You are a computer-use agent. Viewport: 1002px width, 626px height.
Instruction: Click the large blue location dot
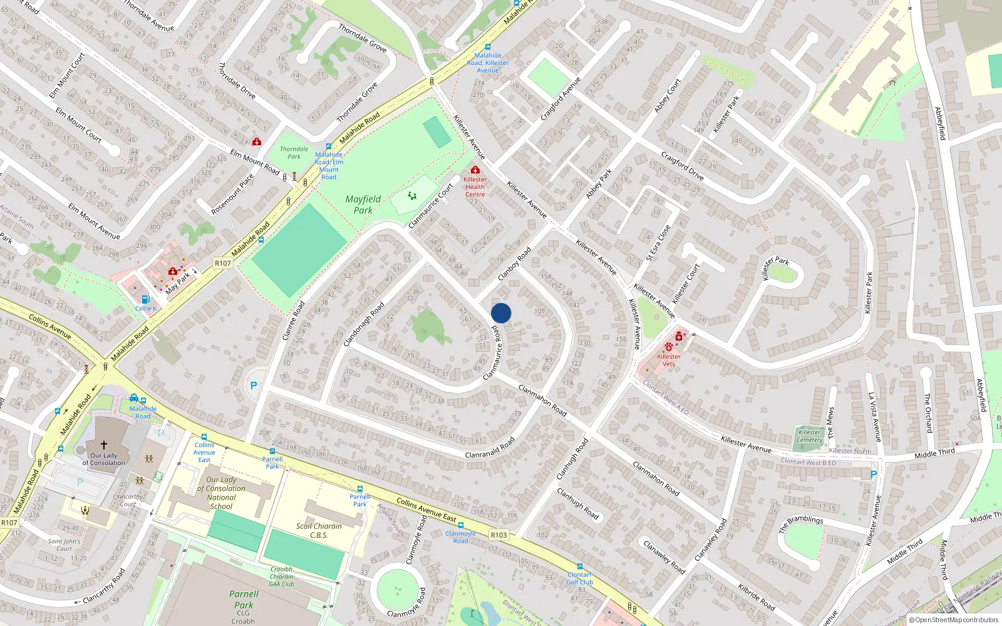pyautogui.click(x=501, y=313)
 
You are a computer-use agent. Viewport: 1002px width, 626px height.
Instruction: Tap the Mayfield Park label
pyautogui.click(x=363, y=205)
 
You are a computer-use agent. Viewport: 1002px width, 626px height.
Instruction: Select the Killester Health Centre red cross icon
pyautogui.click(x=475, y=170)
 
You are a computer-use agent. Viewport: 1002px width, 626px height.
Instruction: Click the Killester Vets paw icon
pyautogui.click(x=669, y=347)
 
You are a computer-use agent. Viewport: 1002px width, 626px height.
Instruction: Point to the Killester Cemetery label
pyautogui.click(x=810, y=436)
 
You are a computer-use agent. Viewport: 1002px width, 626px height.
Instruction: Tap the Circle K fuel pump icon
pyautogui.click(x=145, y=300)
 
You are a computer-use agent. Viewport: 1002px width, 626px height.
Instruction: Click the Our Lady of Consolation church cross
pyautogui.click(x=104, y=444)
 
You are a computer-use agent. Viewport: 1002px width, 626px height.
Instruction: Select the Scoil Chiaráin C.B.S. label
pyautogui.click(x=319, y=530)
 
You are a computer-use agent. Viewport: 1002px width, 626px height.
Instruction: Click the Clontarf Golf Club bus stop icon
pyautogui.click(x=580, y=566)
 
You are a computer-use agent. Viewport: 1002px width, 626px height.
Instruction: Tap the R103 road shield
pyautogui.click(x=499, y=535)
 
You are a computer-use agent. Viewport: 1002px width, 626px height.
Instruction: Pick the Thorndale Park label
pyautogui.click(x=294, y=153)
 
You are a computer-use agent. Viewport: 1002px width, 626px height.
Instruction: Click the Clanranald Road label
pyautogui.click(x=490, y=447)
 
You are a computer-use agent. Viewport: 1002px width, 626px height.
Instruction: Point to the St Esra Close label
pyautogui.click(x=658, y=242)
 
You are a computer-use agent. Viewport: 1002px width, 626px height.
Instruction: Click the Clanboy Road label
pyautogui.click(x=514, y=264)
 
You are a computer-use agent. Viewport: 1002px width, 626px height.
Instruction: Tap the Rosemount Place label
pyautogui.click(x=232, y=194)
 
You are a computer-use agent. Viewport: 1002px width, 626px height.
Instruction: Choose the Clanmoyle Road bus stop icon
pyautogui.click(x=461, y=525)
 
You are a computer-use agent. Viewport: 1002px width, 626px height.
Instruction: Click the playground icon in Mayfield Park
pyautogui.click(x=412, y=196)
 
